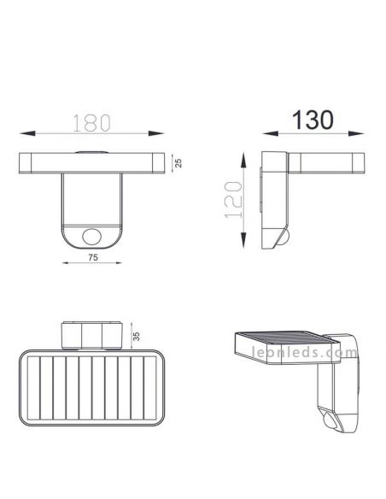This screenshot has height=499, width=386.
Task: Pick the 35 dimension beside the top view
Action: click(135, 335)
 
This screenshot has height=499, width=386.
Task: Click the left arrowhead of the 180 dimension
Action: click(25, 133)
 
